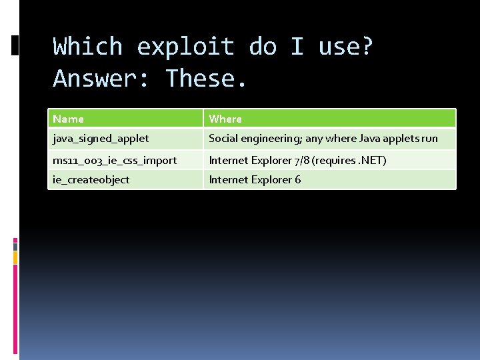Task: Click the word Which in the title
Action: pyautogui.click(x=88, y=47)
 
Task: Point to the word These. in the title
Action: pyautogui.click(x=207, y=79)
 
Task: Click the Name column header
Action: pyautogui.click(x=68, y=119)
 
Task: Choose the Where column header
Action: pyautogui.click(x=225, y=119)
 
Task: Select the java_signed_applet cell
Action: pyautogui.click(x=101, y=139)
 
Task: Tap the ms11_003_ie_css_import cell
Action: pyautogui.click(x=115, y=160)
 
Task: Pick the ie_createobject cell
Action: pyautogui.click(x=91, y=179)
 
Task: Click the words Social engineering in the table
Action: pyautogui.click(x=255, y=139)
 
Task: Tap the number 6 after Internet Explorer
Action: pyautogui.click(x=298, y=179)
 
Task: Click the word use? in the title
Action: pyautogui.click(x=347, y=47)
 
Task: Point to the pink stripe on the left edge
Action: pyautogui.click(x=15, y=244)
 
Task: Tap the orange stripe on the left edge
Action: pyautogui.click(x=15, y=256)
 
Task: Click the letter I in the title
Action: pyautogui.click(x=297, y=47)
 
